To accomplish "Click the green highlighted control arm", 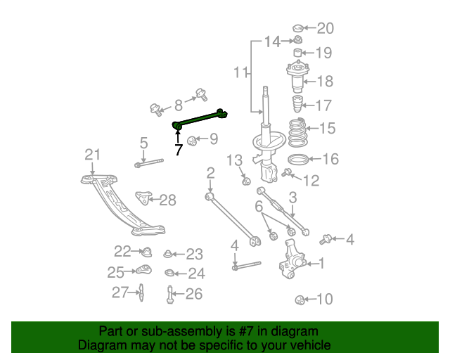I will pos(200,118).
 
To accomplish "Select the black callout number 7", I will pos(179,149).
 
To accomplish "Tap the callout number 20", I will pos(326,28).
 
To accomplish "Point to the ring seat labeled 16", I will pos(298,159).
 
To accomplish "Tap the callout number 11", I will pos(241,72).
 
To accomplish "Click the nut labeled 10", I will pos(300,301).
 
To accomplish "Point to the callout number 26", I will pos(193,294).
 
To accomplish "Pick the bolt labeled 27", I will pos(141,291).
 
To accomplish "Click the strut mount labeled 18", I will pos(297,78).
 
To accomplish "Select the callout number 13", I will pos(234,163).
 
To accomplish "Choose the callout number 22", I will pos(122,251).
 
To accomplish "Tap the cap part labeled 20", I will pos(297,29).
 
